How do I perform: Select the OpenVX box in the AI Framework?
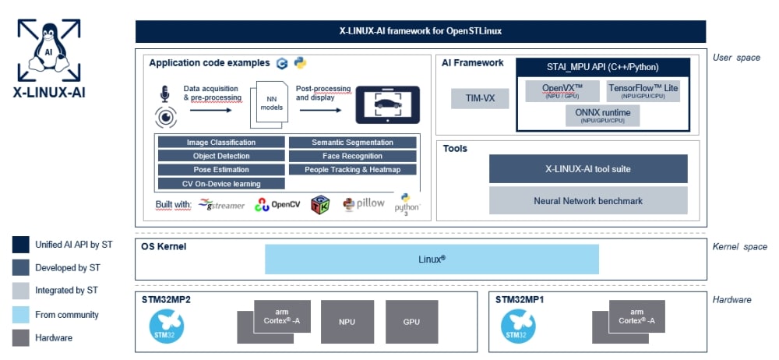pos(562,90)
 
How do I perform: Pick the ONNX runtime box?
pos(604,116)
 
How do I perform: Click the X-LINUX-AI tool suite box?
pos(588,168)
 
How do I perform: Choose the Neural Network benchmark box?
pos(588,200)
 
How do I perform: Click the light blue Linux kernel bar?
pos(432,259)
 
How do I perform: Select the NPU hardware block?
pos(347,321)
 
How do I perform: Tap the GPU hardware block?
pos(412,321)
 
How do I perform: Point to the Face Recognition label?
pos(352,156)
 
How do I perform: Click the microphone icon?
pos(164,94)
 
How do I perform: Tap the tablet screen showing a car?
pos(388,104)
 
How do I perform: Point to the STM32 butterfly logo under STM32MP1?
pos(517,326)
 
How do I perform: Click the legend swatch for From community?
pos(21,314)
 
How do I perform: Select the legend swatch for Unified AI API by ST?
pos(21,245)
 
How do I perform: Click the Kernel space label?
pos(739,247)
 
